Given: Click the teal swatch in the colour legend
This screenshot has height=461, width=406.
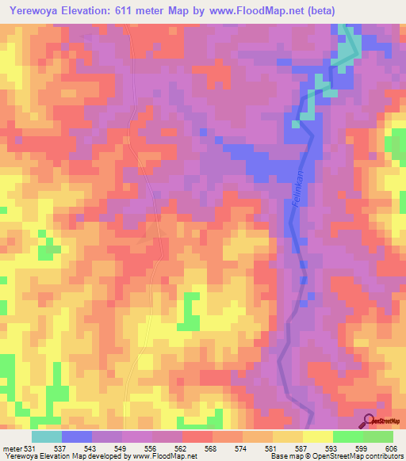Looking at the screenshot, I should pos(47,436).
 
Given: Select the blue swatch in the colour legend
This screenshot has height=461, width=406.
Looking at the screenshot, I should pos(77,436).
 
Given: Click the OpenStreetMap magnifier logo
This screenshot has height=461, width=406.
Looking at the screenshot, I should pos(369,420).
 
